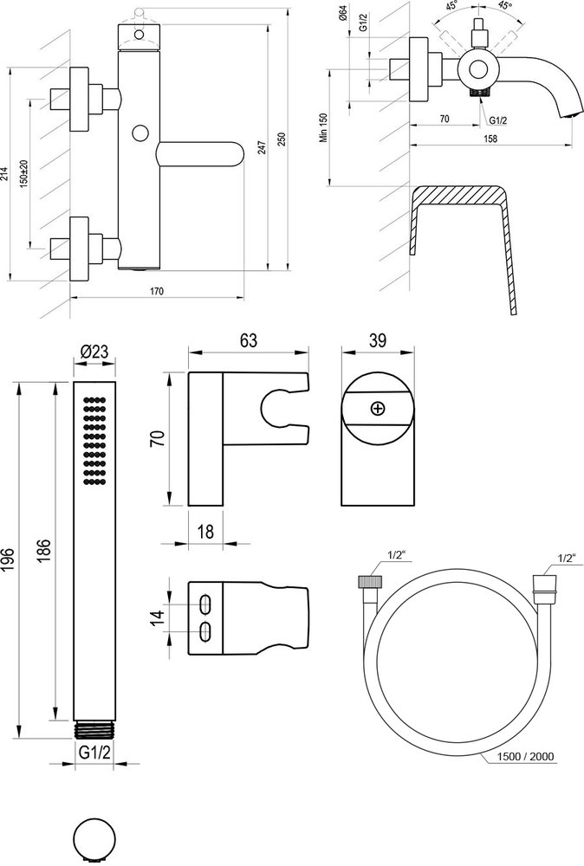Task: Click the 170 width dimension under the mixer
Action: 157,291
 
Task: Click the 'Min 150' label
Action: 323,129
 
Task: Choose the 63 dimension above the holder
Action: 249,341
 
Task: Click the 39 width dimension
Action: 377,341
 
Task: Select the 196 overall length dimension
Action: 11,555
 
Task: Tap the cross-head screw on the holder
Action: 377,408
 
